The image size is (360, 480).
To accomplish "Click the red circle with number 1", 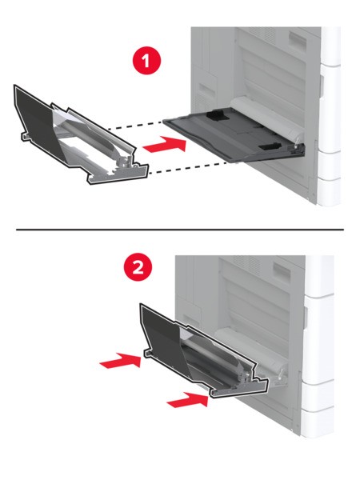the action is point(146,60).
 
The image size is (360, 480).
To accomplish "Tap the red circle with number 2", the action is point(138,267).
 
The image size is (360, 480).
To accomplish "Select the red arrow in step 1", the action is point(165,145).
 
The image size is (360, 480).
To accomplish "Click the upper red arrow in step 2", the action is point(120,360).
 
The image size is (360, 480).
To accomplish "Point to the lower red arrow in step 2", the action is point(188,399).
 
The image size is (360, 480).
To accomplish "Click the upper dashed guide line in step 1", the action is point(134,126).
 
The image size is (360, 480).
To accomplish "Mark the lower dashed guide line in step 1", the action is point(193,168).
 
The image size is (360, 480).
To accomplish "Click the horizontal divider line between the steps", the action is point(180,229).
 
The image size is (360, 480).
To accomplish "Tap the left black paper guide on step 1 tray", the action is point(218,115).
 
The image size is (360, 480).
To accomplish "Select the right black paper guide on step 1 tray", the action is point(270,146).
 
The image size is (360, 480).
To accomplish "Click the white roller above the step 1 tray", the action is point(266,118).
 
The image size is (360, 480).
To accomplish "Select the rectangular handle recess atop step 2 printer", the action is point(282,271).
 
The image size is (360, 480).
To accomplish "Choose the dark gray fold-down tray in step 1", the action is point(234,138).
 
